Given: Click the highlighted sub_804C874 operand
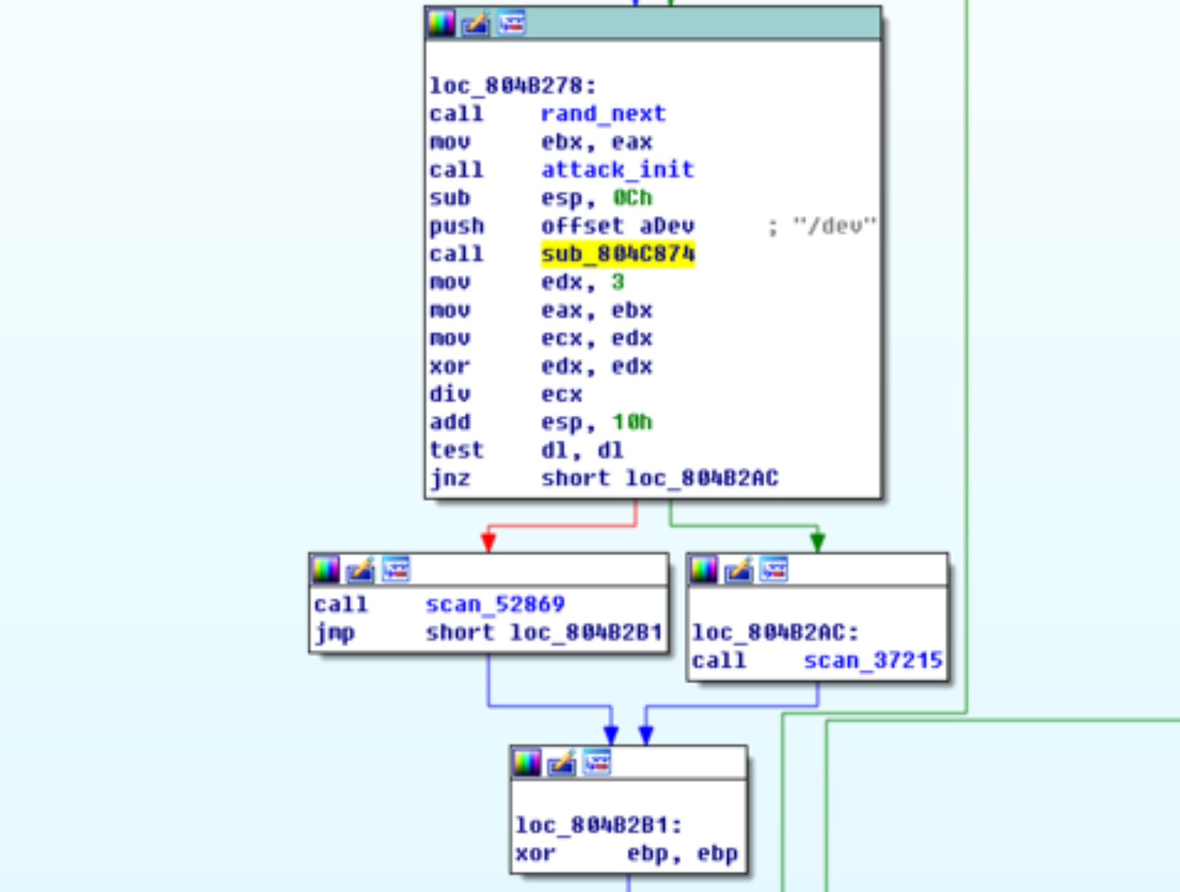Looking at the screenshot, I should (617, 254).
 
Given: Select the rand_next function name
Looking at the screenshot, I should (603, 114).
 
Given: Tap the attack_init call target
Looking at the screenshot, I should (617, 170).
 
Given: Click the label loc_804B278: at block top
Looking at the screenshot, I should (513, 85).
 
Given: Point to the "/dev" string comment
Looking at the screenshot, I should (834, 226).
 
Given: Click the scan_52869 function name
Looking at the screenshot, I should (495, 604).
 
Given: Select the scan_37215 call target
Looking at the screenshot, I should (873, 660).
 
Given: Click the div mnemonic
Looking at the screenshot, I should (450, 394).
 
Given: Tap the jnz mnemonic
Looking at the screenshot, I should (450, 478).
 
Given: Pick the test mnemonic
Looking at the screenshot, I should (457, 450).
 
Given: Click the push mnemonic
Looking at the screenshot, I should (457, 226).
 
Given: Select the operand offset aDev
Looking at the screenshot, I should (617, 226).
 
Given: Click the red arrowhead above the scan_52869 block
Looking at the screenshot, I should (489, 542).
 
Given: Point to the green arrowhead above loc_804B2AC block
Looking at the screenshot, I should (817, 542).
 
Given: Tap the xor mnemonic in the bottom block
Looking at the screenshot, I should (535, 853).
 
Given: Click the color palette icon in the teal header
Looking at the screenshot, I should (441, 23).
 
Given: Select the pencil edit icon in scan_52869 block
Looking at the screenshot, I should (360, 570).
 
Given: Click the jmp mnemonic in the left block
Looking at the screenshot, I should (334, 633).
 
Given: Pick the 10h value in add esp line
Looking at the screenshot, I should (632, 422).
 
